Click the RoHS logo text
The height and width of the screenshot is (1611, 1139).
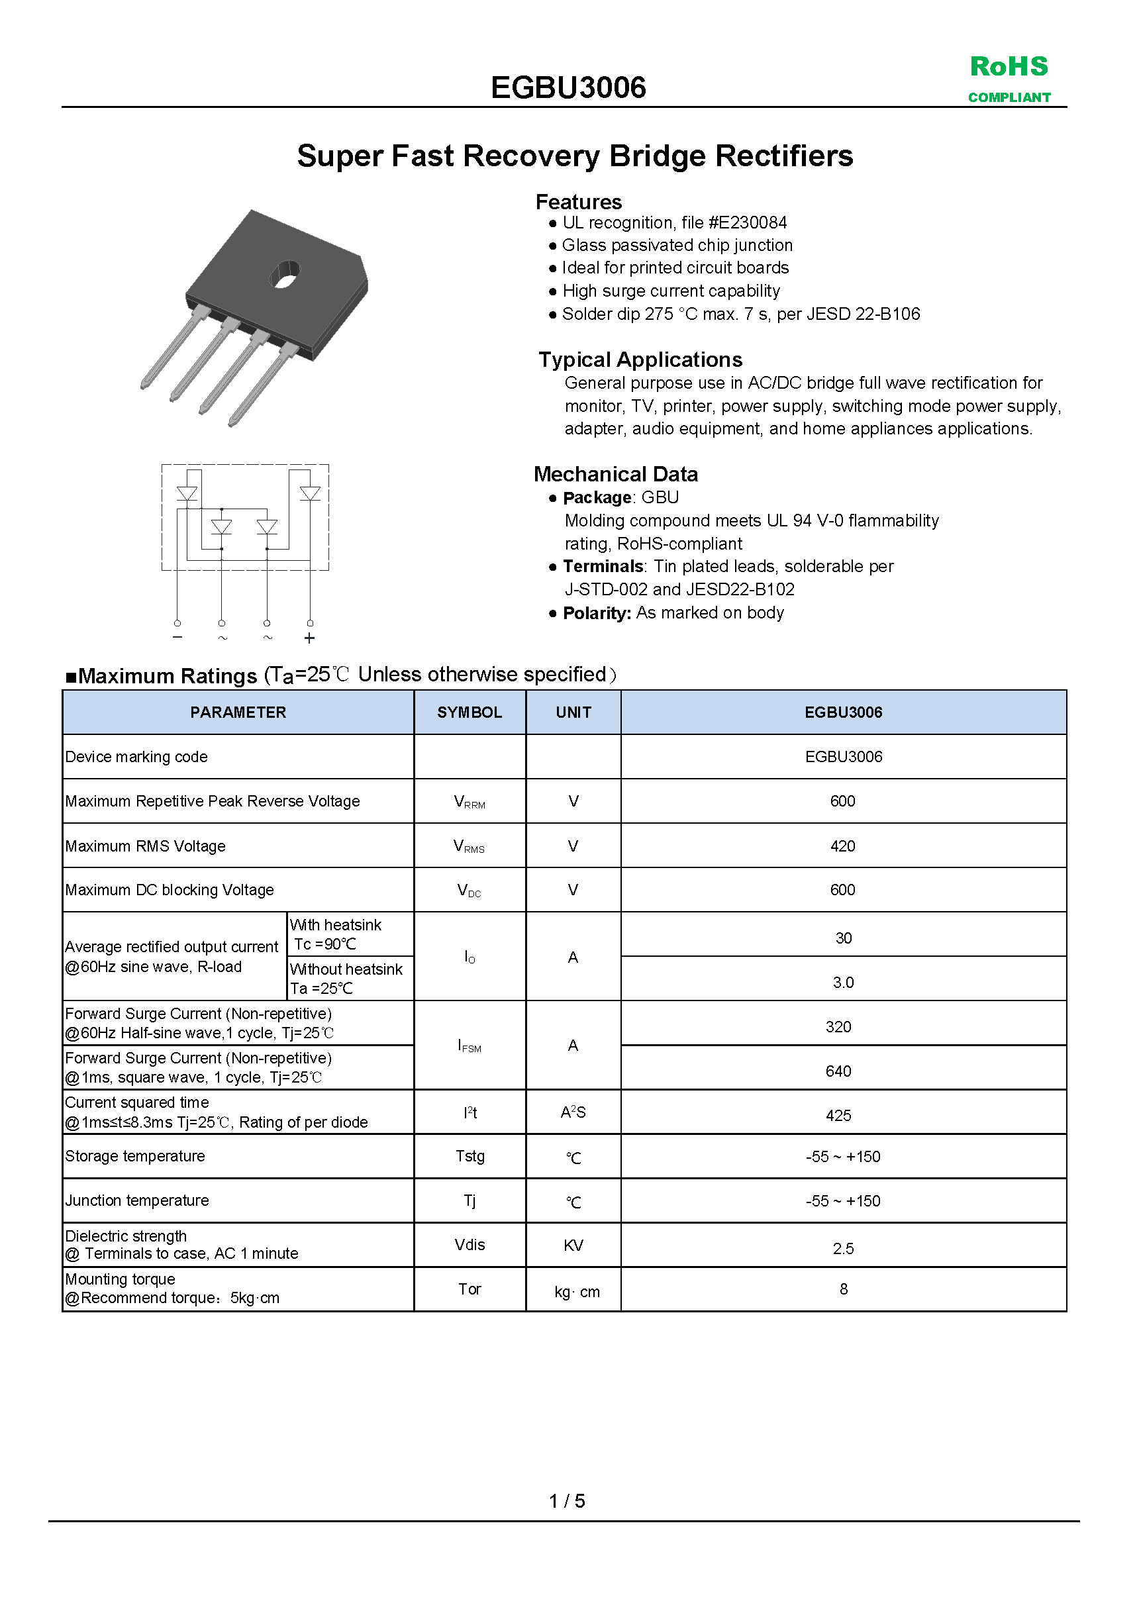point(1009,67)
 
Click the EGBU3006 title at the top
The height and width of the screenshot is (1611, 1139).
point(568,87)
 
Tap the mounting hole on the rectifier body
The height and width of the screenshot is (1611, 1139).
point(285,273)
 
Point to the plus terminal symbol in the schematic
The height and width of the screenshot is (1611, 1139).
point(309,638)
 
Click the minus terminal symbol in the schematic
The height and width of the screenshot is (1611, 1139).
point(177,636)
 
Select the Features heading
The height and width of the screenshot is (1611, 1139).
point(578,202)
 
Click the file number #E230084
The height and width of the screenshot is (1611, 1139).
point(748,223)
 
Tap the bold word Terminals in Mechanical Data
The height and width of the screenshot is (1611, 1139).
point(603,566)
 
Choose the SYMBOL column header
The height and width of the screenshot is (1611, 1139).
point(470,712)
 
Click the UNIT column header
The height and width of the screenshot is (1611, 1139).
point(573,712)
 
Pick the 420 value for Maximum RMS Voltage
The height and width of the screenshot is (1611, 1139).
point(842,846)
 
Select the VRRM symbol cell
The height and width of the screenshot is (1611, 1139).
point(470,802)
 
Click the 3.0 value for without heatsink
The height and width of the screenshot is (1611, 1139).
point(843,983)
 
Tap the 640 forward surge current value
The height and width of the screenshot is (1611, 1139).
point(838,1071)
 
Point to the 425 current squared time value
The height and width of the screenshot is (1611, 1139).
point(838,1116)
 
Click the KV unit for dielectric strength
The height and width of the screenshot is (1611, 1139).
point(573,1245)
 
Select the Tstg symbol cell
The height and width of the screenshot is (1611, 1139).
point(470,1156)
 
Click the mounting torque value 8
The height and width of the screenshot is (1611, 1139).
point(843,1289)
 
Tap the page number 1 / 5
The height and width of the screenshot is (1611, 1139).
point(567,1501)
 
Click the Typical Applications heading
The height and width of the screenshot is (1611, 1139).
point(640,360)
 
